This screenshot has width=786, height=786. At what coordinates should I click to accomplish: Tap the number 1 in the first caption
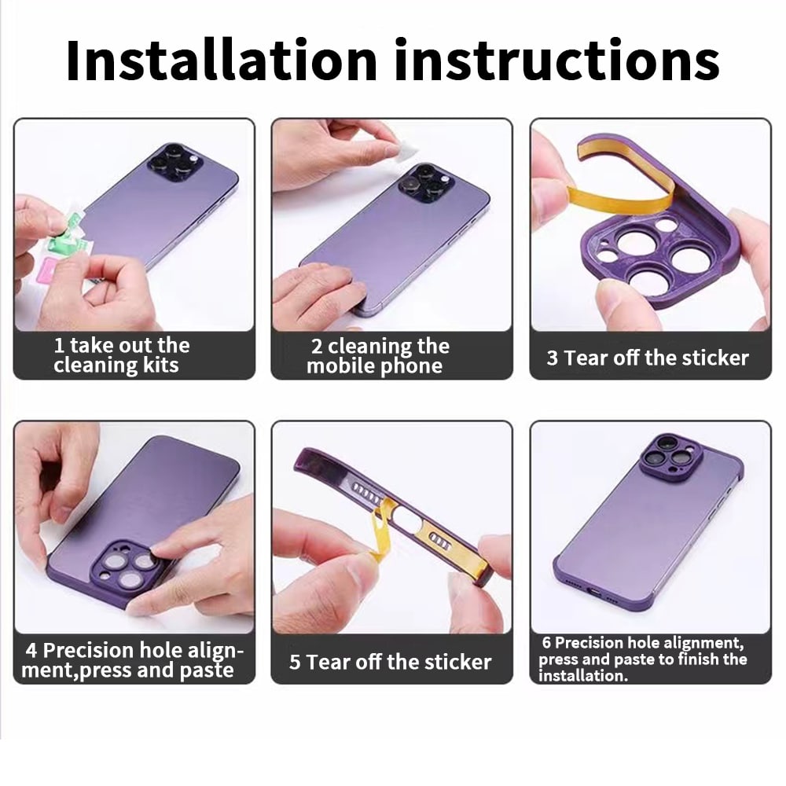[x=59, y=346]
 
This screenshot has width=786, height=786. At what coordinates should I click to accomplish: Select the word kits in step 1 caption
[x=160, y=365]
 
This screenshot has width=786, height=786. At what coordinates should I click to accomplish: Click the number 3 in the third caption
[x=552, y=358]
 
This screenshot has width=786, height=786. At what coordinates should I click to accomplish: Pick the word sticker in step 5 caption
[x=458, y=662]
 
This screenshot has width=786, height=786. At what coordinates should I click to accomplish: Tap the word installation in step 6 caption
[x=583, y=676]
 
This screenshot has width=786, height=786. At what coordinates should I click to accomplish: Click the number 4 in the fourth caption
[x=31, y=651]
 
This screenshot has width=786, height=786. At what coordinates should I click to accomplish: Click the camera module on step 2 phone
[x=425, y=182]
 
